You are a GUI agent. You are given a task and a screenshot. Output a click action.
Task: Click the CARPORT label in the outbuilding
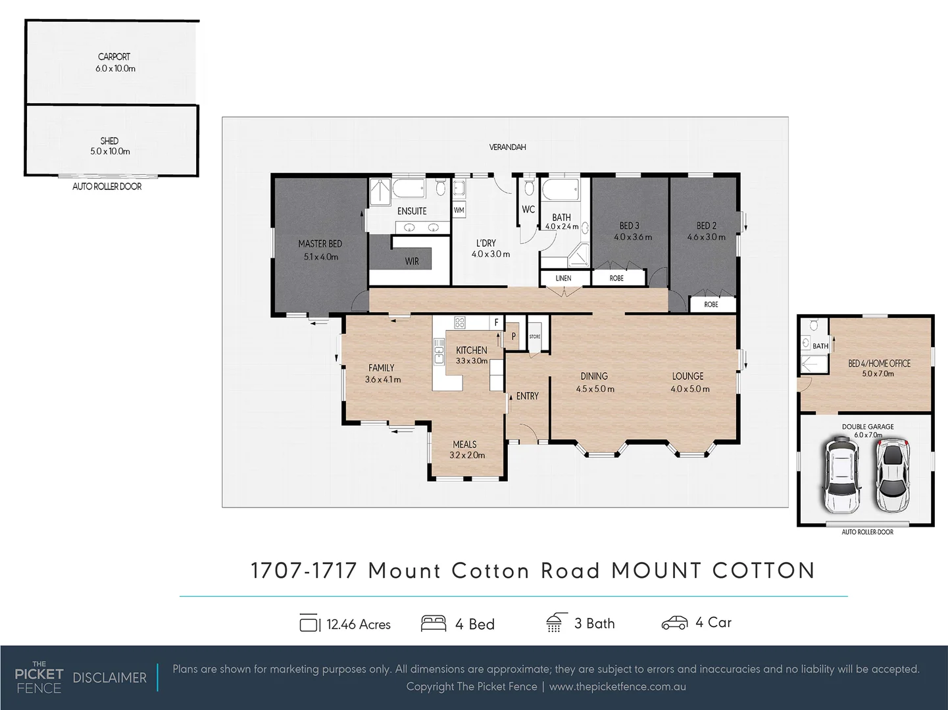click(x=114, y=57)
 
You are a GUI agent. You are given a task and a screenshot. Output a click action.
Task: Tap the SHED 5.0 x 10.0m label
click(x=110, y=146)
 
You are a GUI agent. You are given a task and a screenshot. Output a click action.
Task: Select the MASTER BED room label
click(x=320, y=244)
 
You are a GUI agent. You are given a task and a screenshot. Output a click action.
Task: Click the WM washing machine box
click(x=459, y=210)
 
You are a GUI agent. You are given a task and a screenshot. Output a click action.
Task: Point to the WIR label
click(x=412, y=262)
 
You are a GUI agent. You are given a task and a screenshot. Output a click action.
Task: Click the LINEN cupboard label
click(x=563, y=279)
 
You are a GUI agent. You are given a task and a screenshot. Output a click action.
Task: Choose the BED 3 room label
click(x=630, y=225)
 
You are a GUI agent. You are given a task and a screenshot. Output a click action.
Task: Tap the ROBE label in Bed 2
click(x=711, y=305)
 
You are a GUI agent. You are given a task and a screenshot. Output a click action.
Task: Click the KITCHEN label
click(x=472, y=350)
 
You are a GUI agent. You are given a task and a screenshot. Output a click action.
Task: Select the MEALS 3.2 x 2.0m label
click(x=466, y=450)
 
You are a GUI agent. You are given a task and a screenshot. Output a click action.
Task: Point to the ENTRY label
click(x=527, y=396)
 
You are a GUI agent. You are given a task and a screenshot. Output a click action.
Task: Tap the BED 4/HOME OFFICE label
click(x=879, y=364)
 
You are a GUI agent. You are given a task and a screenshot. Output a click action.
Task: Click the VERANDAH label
click(x=507, y=147)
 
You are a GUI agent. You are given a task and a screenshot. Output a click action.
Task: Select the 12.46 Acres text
click(x=359, y=625)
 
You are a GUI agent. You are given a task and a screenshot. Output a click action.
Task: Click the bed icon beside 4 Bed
click(x=433, y=623)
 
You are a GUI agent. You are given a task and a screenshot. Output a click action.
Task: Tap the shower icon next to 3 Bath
click(x=554, y=623)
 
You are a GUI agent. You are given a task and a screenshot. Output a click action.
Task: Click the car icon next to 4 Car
click(x=674, y=623)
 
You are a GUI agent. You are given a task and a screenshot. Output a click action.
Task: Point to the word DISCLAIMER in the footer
click(x=109, y=678)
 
